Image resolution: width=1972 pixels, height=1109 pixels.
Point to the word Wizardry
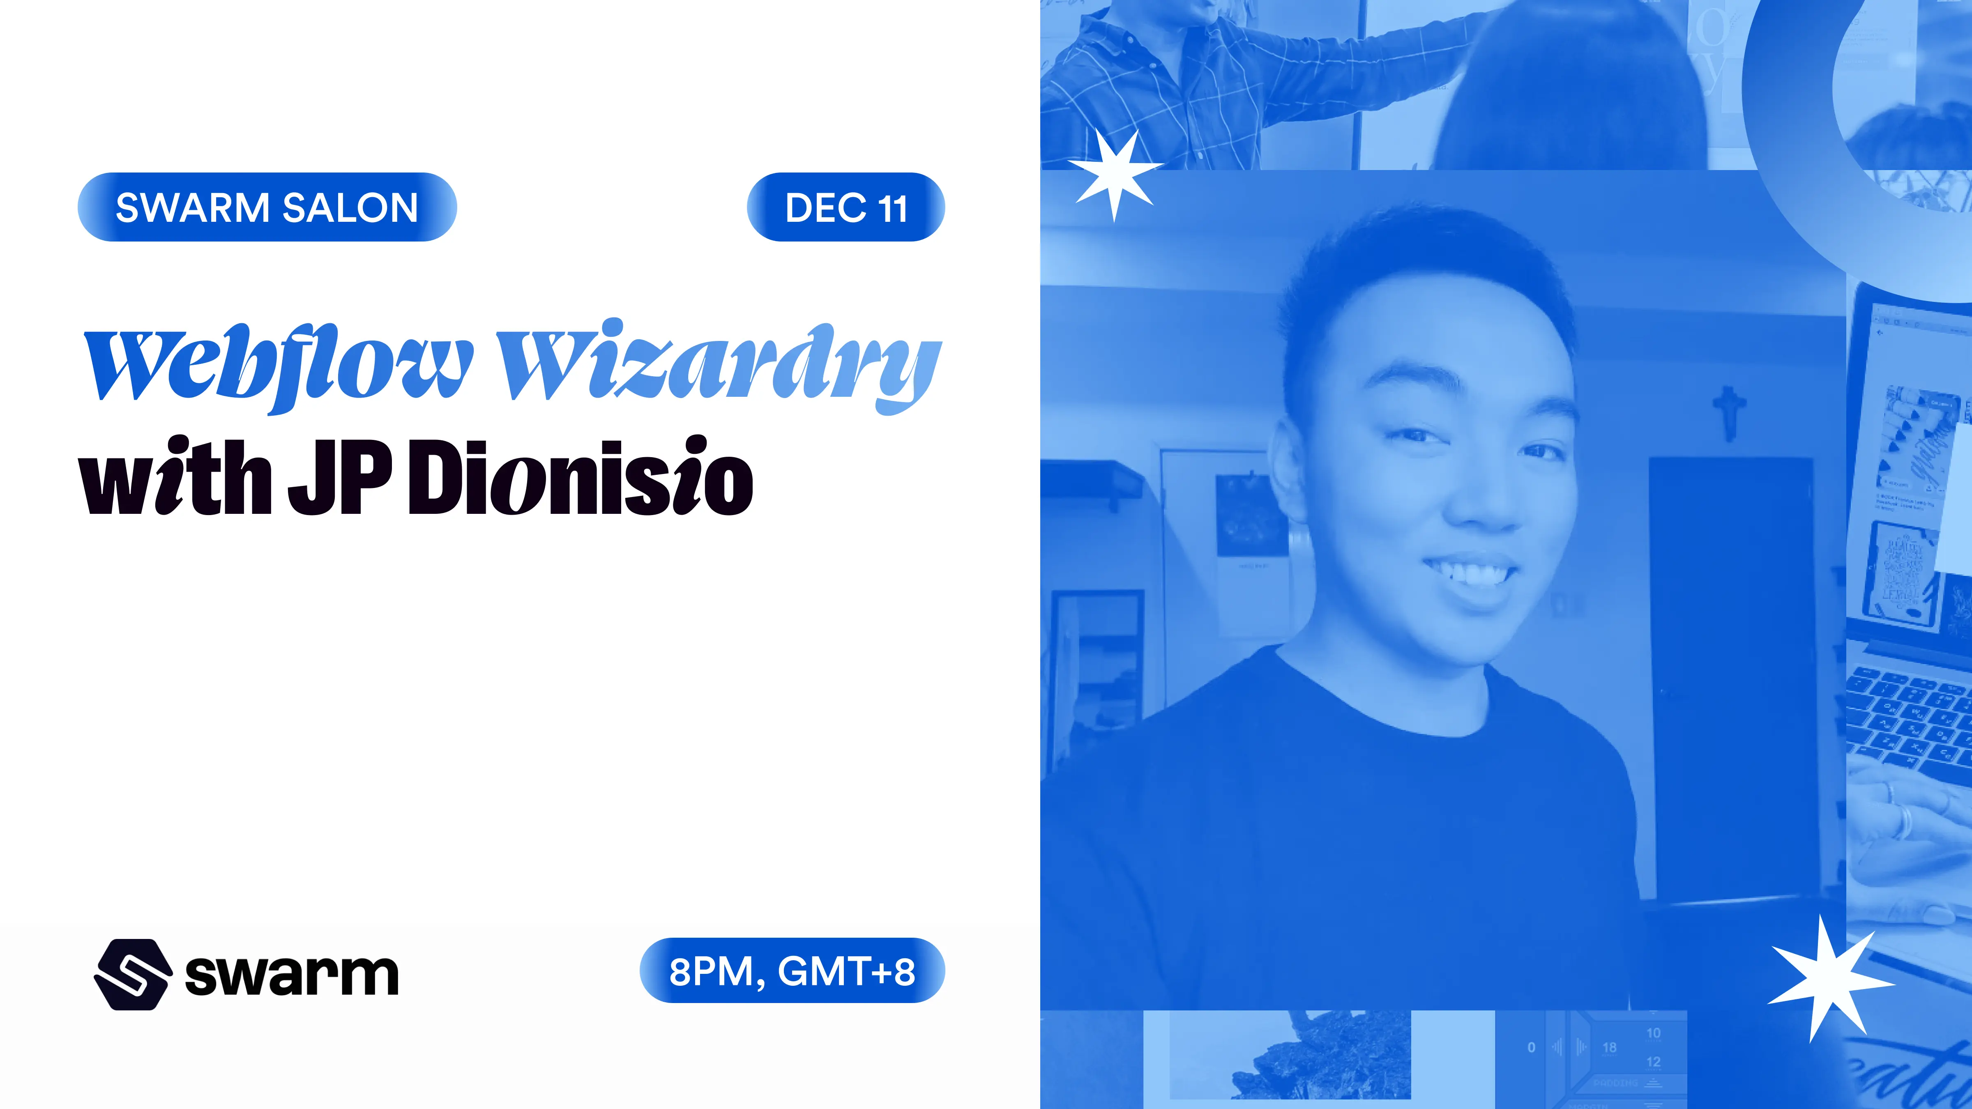pyautogui.click(x=718, y=366)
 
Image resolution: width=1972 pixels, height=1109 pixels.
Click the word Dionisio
pyautogui.click(x=580, y=479)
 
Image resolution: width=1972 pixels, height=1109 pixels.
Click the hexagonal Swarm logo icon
pyautogui.click(x=132, y=974)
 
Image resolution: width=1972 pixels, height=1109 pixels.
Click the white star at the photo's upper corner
pyautogui.click(x=1115, y=175)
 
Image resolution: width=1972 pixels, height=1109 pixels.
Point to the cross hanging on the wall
pyautogui.click(x=1728, y=412)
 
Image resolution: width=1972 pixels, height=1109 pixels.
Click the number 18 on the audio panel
pyautogui.click(x=1609, y=1047)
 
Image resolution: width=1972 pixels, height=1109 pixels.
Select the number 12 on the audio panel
pyautogui.click(x=1654, y=1061)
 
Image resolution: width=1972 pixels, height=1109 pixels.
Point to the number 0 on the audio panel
pyautogui.click(x=1531, y=1047)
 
